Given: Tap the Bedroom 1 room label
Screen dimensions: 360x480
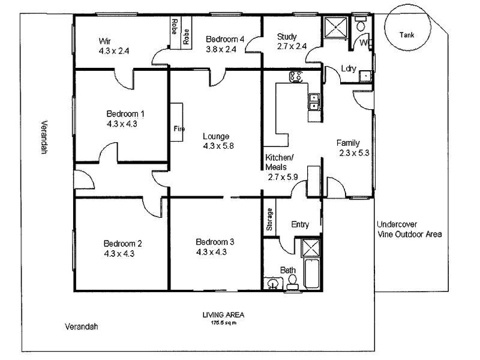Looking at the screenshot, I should coord(125,113).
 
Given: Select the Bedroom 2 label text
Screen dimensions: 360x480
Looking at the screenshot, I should coord(122,244).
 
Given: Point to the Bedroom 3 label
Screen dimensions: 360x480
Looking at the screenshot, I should coord(215,242).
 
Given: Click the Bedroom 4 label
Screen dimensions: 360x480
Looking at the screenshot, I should coord(225,40).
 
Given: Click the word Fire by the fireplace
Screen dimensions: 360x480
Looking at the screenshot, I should coord(179,129).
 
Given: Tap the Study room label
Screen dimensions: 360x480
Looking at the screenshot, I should coord(287,37).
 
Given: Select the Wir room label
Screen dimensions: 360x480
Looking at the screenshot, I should coord(105,41).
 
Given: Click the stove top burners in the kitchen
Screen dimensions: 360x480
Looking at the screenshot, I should coord(296,77).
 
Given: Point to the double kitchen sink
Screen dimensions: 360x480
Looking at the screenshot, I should coord(313,103).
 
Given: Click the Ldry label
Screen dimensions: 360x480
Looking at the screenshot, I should coord(349,68).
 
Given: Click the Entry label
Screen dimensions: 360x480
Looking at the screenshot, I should coord(300,225).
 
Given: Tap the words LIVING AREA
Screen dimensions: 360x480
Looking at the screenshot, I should coord(223,315).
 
